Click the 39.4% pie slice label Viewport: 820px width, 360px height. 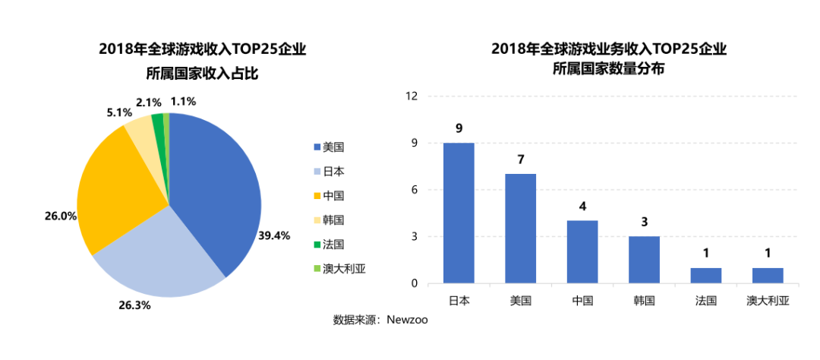point(274,235)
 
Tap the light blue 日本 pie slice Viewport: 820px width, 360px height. point(159,258)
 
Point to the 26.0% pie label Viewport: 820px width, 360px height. point(61,216)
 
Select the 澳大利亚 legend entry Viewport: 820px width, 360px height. point(339,269)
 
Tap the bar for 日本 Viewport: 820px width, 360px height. point(459,213)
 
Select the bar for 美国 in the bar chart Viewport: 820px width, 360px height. point(521,229)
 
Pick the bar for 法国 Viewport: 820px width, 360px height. point(706,276)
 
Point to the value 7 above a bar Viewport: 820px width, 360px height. point(521,160)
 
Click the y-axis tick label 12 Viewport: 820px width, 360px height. point(412,96)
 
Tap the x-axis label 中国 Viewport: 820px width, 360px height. point(582,301)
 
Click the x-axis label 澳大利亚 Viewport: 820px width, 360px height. point(768,301)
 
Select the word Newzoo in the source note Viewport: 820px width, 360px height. point(407,320)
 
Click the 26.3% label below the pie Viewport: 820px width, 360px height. point(134,305)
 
